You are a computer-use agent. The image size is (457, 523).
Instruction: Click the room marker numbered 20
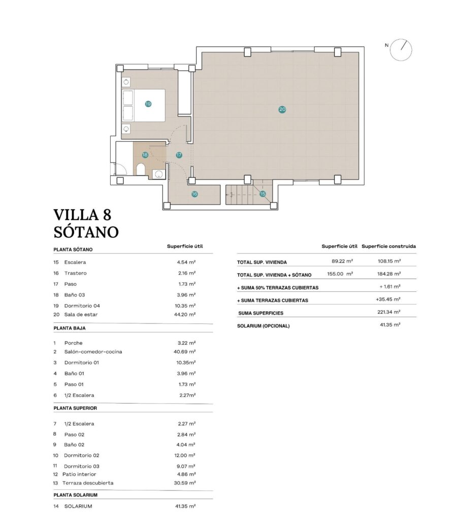282,109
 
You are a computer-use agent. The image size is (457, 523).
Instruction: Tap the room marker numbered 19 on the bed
148,104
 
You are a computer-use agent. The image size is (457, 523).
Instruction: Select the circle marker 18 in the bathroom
145,155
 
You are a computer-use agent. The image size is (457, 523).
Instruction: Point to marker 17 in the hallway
179,155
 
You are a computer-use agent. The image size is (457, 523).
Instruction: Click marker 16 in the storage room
194,193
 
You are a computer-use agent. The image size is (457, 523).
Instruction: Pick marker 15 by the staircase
263,193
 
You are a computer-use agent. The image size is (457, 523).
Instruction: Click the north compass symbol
404,49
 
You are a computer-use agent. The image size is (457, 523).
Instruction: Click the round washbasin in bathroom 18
159,174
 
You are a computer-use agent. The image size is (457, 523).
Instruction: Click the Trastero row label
75,273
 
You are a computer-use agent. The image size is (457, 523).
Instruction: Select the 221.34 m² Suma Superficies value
389,312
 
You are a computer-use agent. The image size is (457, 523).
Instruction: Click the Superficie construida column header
389,246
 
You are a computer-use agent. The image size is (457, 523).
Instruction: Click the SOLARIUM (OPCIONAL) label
263,325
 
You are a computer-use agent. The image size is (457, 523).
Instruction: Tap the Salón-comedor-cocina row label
93,351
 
